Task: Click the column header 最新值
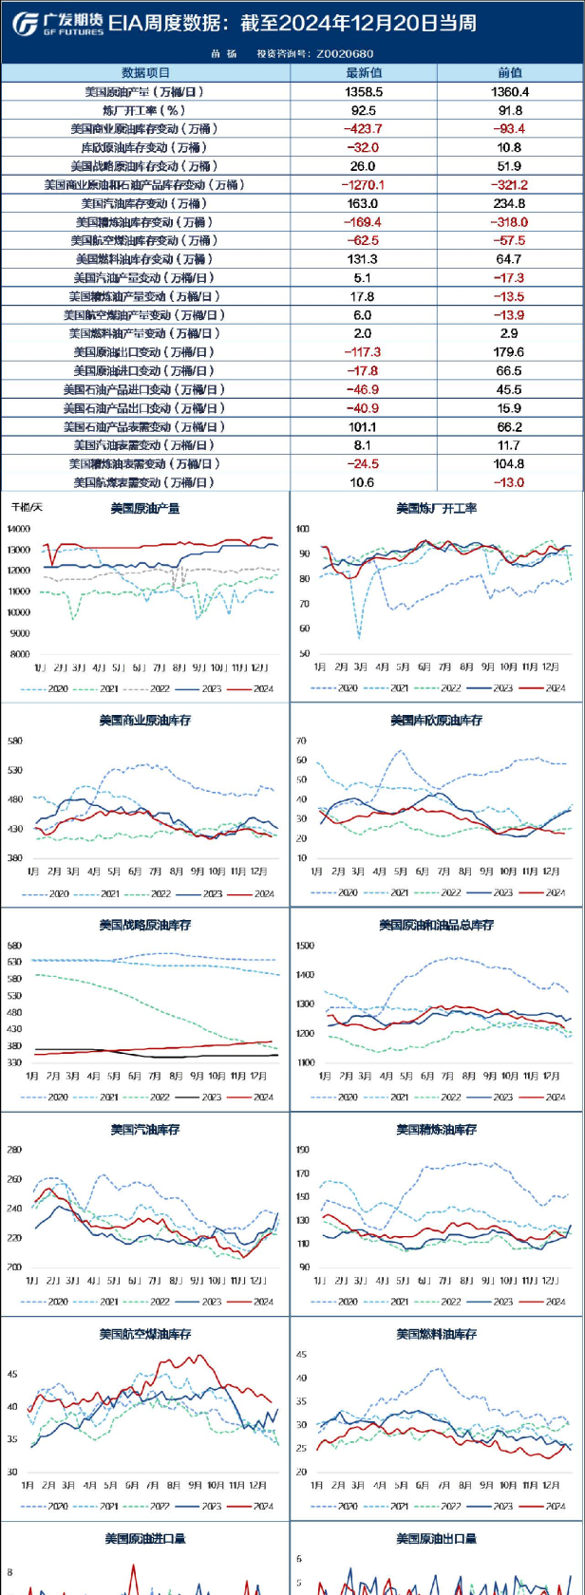(364, 72)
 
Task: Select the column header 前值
(510, 72)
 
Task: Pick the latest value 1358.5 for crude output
(364, 91)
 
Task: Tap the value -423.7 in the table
(364, 128)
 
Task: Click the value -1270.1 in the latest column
(364, 184)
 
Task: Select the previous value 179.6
(509, 351)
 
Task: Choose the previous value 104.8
(509, 463)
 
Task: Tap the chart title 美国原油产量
(145, 508)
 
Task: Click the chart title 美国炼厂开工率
(437, 509)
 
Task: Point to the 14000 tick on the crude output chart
(19, 529)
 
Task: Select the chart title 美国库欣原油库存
(437, 721)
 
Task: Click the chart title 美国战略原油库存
(145, 925)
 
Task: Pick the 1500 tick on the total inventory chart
(305, 946)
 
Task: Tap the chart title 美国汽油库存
(145, 1130)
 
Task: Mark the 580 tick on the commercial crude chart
(15, 741)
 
